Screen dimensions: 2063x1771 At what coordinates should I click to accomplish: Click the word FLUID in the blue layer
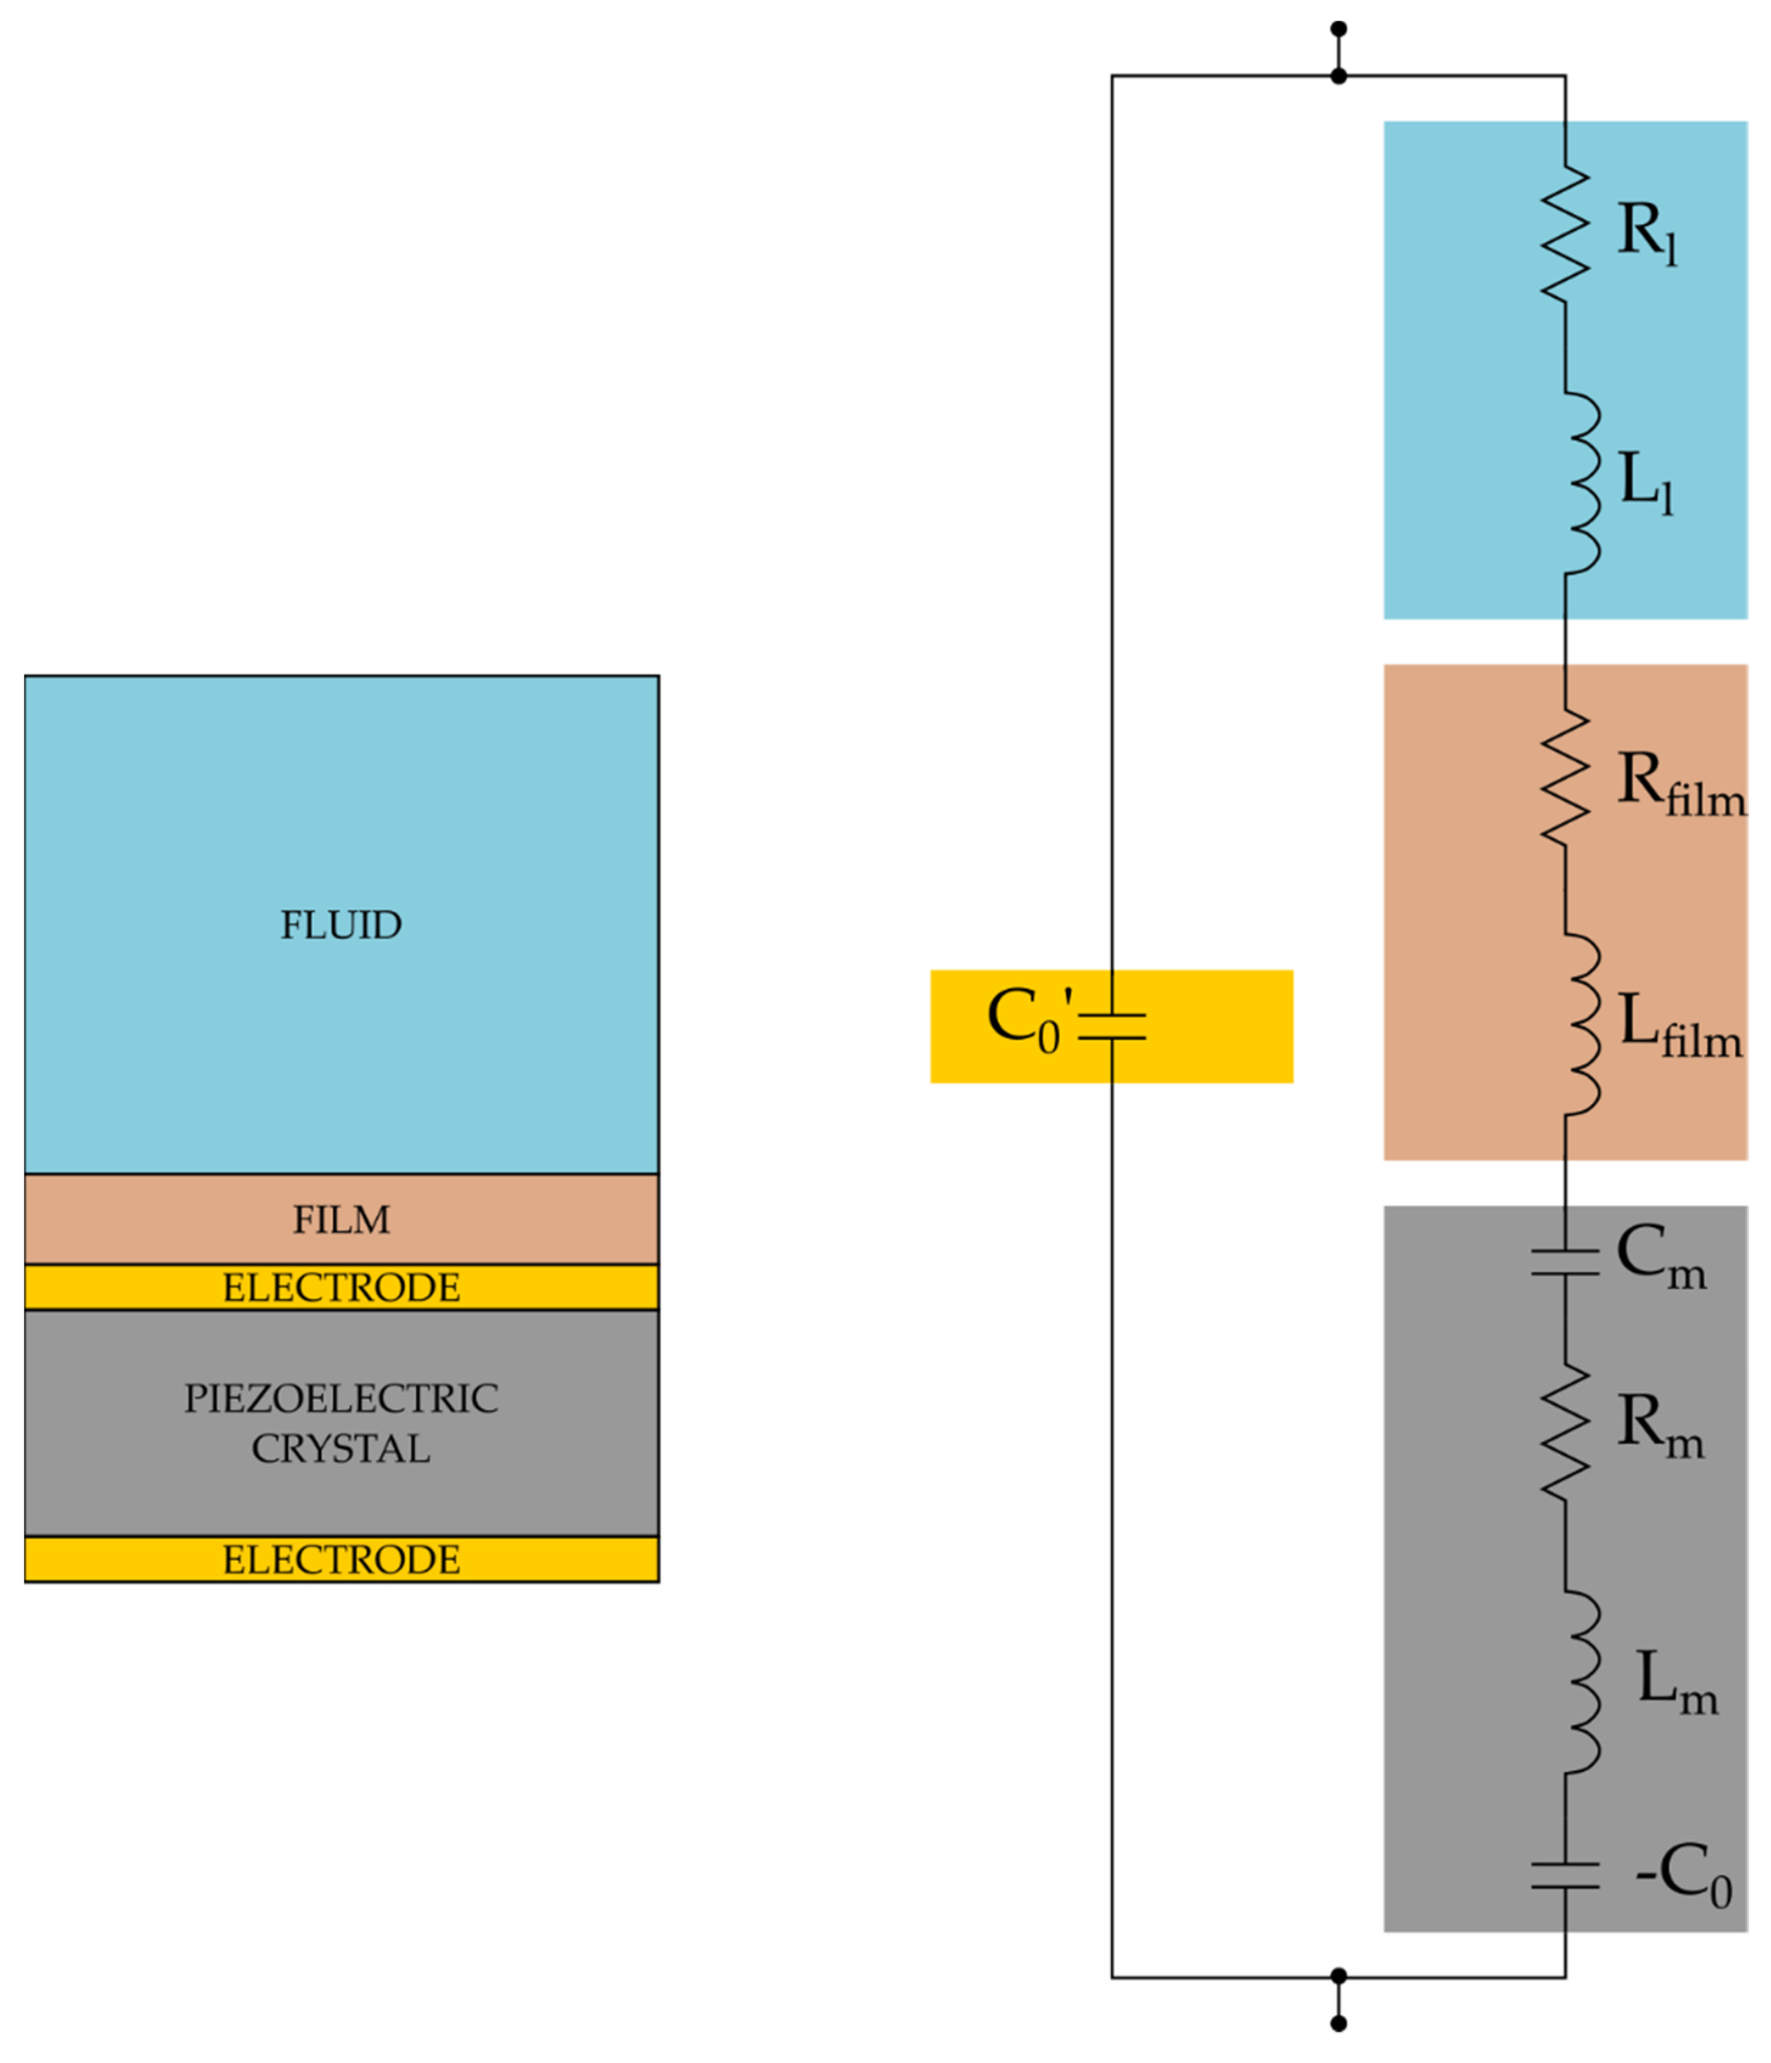(341, 925)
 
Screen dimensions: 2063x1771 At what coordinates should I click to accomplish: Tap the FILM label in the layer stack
(341, 1220)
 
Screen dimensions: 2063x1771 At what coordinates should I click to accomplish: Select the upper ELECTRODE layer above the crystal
(341, 1287)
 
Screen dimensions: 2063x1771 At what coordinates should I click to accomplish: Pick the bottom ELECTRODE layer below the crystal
(341, 1559)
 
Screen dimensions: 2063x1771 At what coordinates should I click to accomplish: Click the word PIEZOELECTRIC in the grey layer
(341, 1399)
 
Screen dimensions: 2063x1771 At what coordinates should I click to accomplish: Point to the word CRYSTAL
(341, 1449)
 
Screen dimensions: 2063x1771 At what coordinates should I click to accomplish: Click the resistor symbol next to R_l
(1564, 233)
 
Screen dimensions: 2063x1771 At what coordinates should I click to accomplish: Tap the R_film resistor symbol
(1564, 779)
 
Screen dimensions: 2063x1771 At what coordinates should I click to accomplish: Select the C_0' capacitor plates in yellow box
(1112, 1026)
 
